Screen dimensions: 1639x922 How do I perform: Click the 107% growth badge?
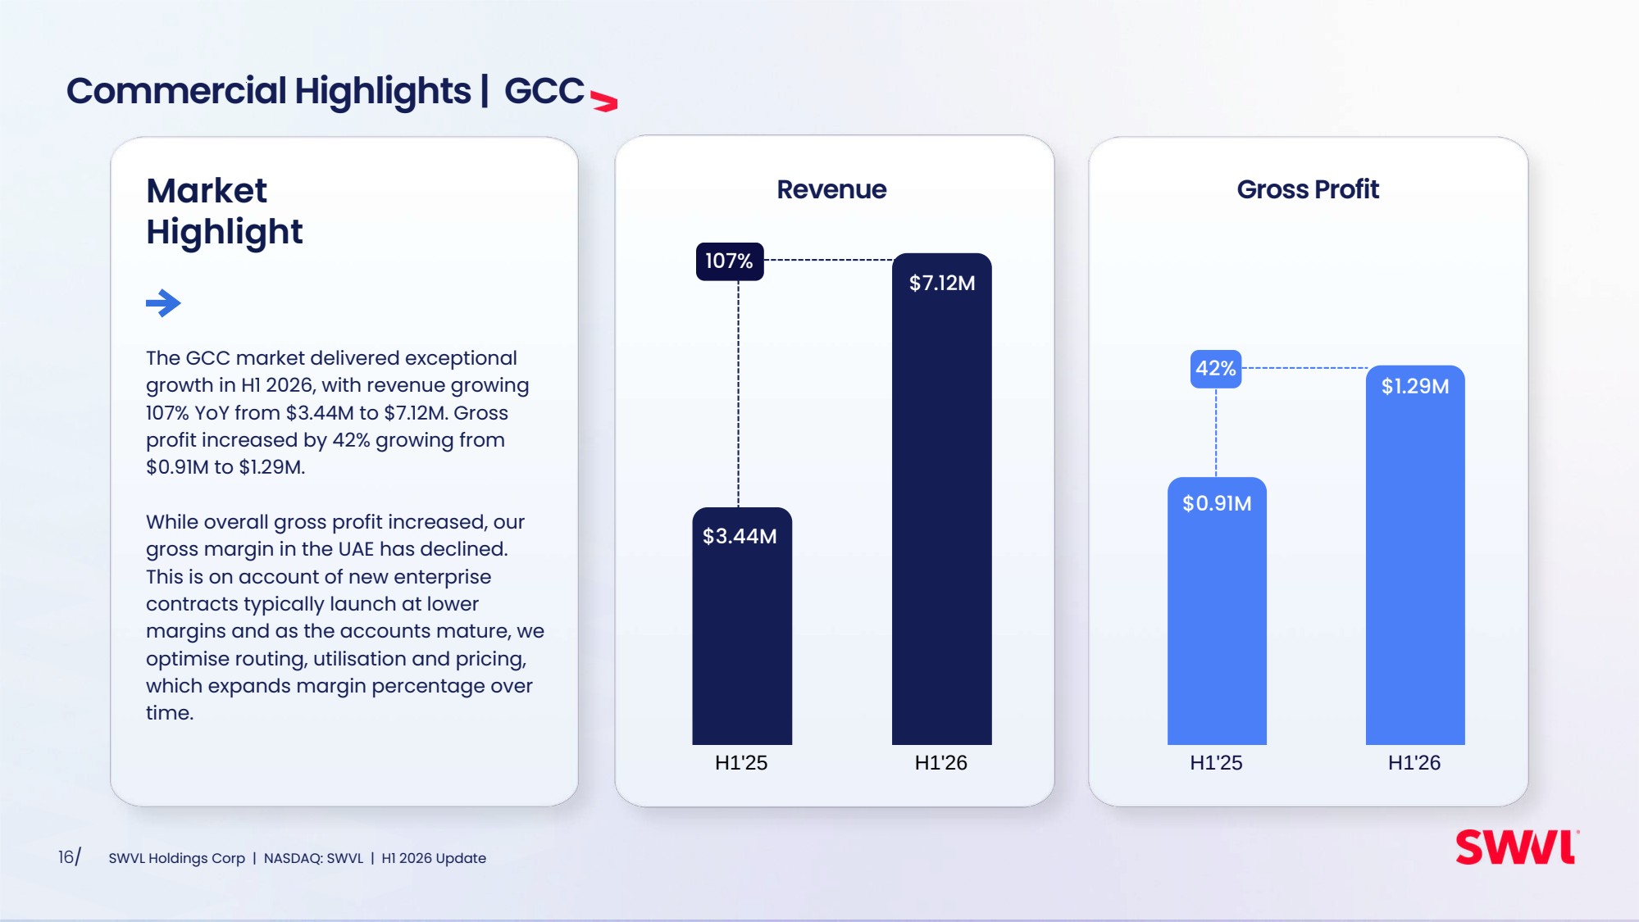click(730, 261)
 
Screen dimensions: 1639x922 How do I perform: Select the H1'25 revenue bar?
click(742, 626)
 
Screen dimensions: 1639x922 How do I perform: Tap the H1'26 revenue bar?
click(942, 499)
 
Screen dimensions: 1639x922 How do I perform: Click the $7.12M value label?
click(942, 283)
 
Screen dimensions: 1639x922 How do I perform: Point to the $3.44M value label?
click(740, 536)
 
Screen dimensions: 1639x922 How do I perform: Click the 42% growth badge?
click(1216, 369)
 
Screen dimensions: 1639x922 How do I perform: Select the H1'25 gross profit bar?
click(1217, 611)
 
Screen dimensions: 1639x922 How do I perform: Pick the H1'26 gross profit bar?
click(1415, 555)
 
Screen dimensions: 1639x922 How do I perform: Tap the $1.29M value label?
click(1415, 386)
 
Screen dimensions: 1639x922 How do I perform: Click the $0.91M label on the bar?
click(1217, 503)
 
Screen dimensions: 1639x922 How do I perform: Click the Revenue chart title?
click(831, 189)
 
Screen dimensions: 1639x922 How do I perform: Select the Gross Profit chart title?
click(1308, 189)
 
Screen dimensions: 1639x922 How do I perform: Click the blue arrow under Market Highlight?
click(163, 303)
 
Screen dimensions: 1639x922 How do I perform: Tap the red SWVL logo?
click(1517, 847)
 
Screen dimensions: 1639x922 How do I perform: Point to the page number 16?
click(66, 857)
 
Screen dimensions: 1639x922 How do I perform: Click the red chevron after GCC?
click(604, 102)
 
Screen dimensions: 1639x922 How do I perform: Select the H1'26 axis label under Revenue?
click(941, 763)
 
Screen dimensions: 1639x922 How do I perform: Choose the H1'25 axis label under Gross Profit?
click(1216, 763)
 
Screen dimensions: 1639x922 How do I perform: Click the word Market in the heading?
click(207, 191)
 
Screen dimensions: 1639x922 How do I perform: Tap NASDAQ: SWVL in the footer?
click(313, 858)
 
